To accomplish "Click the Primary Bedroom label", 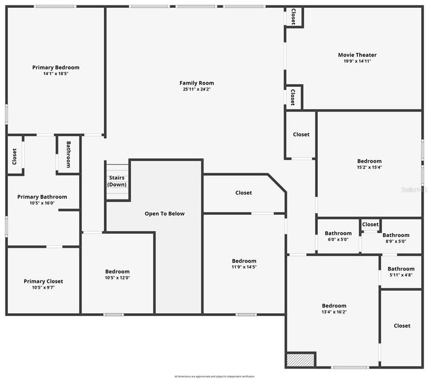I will pos(56,67).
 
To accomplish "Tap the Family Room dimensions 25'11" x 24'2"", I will pos(197,89).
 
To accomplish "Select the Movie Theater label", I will pos(357,55).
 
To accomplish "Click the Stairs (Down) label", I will pos(116,181).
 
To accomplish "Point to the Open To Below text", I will pos(165,214).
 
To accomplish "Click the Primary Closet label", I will pos(43,282).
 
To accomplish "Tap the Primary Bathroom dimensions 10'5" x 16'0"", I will pos(42,203).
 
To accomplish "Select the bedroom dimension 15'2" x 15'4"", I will pos(369,167).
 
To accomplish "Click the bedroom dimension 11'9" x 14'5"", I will pos(244,267).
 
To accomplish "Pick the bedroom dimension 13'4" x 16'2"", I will pos(334,312).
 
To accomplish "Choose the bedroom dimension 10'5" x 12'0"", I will pos(117,278).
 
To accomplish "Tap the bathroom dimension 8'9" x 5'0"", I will pos(395,242).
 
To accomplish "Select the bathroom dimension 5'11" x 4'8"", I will pos(401,275).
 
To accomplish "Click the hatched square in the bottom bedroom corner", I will pos(300,360).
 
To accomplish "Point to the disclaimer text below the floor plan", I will pos(214,376).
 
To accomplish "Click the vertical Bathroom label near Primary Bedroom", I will pos(68,155).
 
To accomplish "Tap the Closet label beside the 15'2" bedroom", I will pos(301,135).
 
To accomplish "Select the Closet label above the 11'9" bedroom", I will pos(243,193).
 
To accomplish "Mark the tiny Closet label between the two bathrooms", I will pos(370,225).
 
